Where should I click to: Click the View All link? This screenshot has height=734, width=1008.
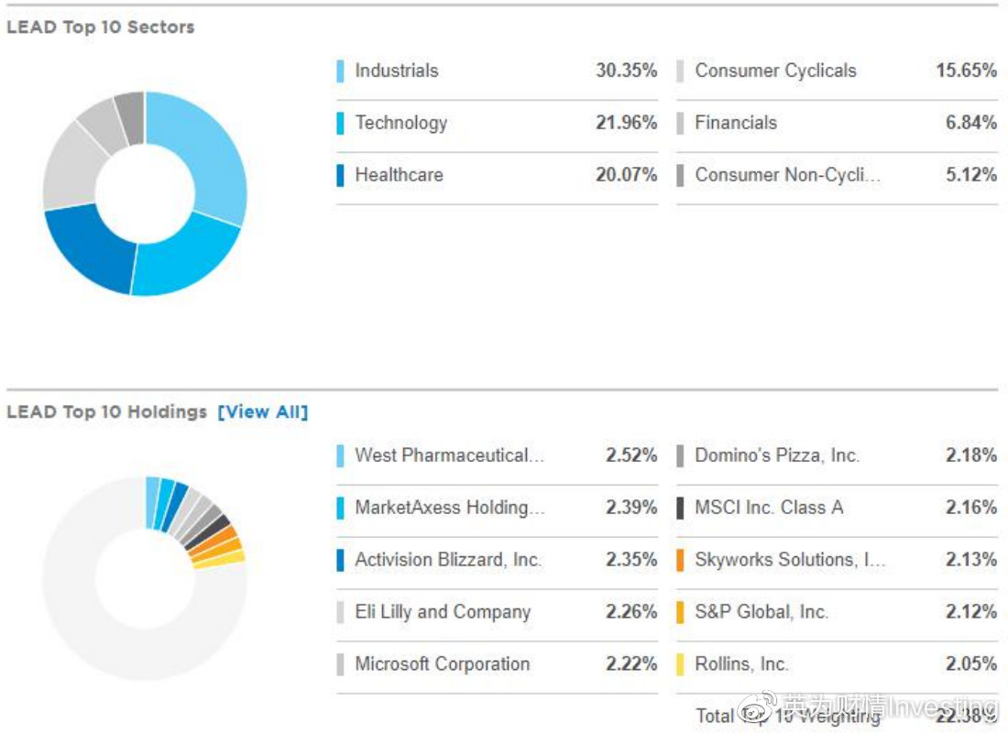point(263,412)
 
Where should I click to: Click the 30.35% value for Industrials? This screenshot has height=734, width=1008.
point(626,71)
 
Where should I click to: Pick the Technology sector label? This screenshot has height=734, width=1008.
point(400,123)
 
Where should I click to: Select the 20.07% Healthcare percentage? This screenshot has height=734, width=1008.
point(626,175)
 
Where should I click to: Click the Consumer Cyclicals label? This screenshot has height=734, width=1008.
point(775,71)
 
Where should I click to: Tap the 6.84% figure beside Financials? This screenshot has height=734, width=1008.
point(970,123)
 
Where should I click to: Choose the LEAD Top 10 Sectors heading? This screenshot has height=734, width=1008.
point(101,27)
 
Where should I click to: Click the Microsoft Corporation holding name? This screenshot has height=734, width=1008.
point(442,664)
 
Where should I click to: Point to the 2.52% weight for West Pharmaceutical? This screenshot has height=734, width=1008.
point(631,455)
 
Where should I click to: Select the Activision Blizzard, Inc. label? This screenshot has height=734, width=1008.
point(448,560)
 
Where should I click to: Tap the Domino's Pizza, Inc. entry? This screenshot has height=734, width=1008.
point(777,455)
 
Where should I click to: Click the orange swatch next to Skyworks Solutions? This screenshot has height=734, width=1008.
point(680,560)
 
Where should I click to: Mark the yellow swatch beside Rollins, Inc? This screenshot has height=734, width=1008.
point(680,664)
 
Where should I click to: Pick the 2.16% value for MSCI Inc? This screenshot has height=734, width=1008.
point(971,508)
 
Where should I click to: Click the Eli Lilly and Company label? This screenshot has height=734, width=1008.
point(443,612)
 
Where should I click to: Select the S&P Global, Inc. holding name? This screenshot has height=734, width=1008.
point(761,612)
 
